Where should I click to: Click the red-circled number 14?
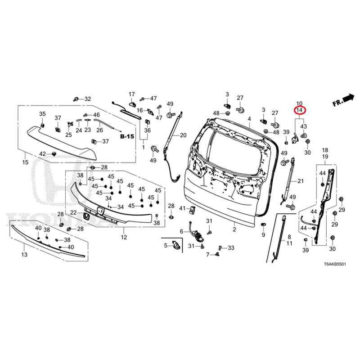[x=299, y=109]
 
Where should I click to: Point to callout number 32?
[x=87, y=99]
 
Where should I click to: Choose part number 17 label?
[x=132, y=94]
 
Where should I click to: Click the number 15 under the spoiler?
[x=25, y=162]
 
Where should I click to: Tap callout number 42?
[x=42, y=154]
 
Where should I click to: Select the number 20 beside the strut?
[x=183, y=135]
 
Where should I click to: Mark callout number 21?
[x=301, y=181]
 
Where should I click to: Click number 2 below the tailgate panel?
[x=234, y=229]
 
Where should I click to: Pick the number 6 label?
[x=181, y=231]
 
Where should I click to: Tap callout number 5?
[x=165, y=245]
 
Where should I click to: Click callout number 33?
[x=231, y=248]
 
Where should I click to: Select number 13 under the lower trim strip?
[x=24, y=255]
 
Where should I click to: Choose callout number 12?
[x=124, y=237]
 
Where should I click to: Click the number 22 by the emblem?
[x=73, y=212]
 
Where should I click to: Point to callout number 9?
[x=263, y=235]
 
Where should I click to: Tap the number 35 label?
[x=42, y=114]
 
